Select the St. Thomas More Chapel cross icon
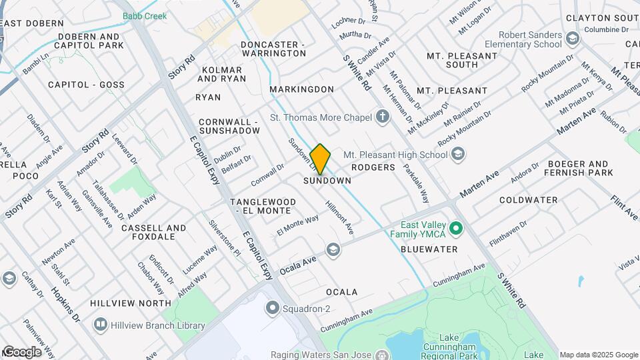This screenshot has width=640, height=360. tap(382, 118)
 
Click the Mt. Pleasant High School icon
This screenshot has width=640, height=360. tap(457, 155)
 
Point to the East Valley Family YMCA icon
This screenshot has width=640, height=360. tap(456, 230)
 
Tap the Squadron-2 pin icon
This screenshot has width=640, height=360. tap(271, 308)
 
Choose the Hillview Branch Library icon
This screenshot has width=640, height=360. tap(100, 325)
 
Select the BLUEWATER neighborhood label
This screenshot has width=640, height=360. tap(429, 249)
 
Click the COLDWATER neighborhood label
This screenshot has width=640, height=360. tap(528, 200)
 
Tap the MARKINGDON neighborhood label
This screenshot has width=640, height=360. tap(301, 89)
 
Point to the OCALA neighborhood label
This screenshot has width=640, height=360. tap(342, 292)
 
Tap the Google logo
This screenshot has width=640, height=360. tap(21, 352)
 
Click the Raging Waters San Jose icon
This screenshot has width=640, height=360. tap(381, 354)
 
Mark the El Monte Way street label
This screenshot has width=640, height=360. tap(298, 225)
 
